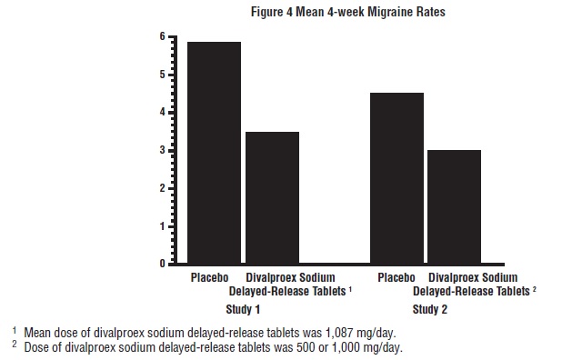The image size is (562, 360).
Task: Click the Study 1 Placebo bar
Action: click(x=214, y=153)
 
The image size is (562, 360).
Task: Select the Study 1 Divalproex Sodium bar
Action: click(x=272, y=197)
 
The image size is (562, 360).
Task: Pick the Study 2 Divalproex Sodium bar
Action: click(x=454, y=206)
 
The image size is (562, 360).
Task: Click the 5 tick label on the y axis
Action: click(x=162, y=75)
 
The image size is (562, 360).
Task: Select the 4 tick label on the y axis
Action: click(x=162, y=112)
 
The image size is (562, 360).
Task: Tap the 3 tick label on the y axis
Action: click(x=162, y=150)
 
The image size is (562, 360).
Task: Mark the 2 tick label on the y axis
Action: click(x=162, y=188)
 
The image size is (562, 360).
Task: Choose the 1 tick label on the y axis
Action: click(x=162, y=225)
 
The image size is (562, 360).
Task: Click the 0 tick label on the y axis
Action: click(x=162, y=264)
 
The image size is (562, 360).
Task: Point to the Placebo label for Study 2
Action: click(x=396, y=277)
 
